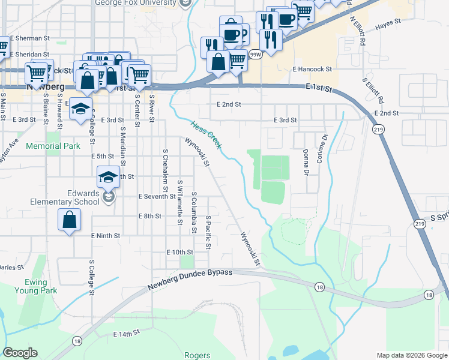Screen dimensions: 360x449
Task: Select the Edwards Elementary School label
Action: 65,198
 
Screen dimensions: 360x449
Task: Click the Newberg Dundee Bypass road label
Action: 190,280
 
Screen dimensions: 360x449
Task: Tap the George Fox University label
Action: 137,2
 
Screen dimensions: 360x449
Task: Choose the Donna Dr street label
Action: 306,163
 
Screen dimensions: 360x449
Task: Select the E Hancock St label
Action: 312,69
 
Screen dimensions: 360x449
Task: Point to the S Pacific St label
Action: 208,232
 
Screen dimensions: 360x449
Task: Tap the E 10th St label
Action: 180,252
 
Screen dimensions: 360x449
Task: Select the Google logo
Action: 20,353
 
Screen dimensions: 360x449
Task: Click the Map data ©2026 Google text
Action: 412,355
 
